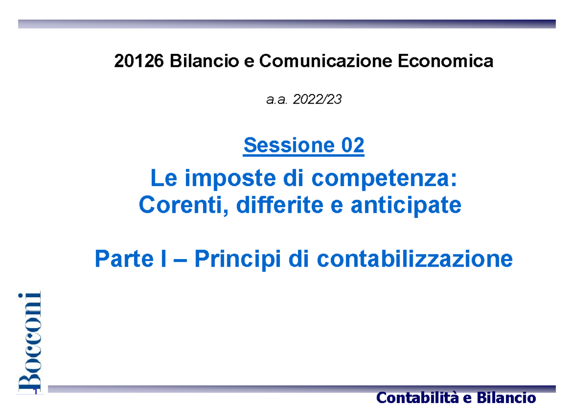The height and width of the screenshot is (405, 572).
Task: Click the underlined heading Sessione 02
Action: pos(304,145)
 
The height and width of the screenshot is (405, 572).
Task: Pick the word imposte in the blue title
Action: pos(217,179)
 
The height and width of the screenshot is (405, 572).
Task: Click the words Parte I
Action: pos(129,259)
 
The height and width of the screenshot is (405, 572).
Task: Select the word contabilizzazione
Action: pos(415,259)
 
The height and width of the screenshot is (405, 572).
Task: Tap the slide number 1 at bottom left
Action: pos(36,392)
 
